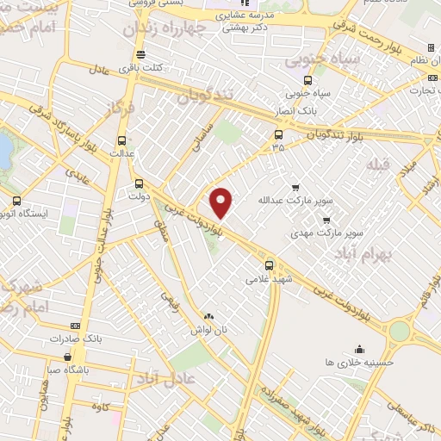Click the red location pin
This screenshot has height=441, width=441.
pos(221,202)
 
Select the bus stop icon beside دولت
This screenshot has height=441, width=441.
pos(139,183)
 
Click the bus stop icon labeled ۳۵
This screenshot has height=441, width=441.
pos(277,134)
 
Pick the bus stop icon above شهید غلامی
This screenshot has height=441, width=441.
pos(270,264)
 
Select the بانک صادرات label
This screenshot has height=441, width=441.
pos(99,339)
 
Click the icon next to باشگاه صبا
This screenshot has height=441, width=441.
pos(67,357)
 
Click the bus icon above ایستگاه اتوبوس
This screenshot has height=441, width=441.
pos(16,201)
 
